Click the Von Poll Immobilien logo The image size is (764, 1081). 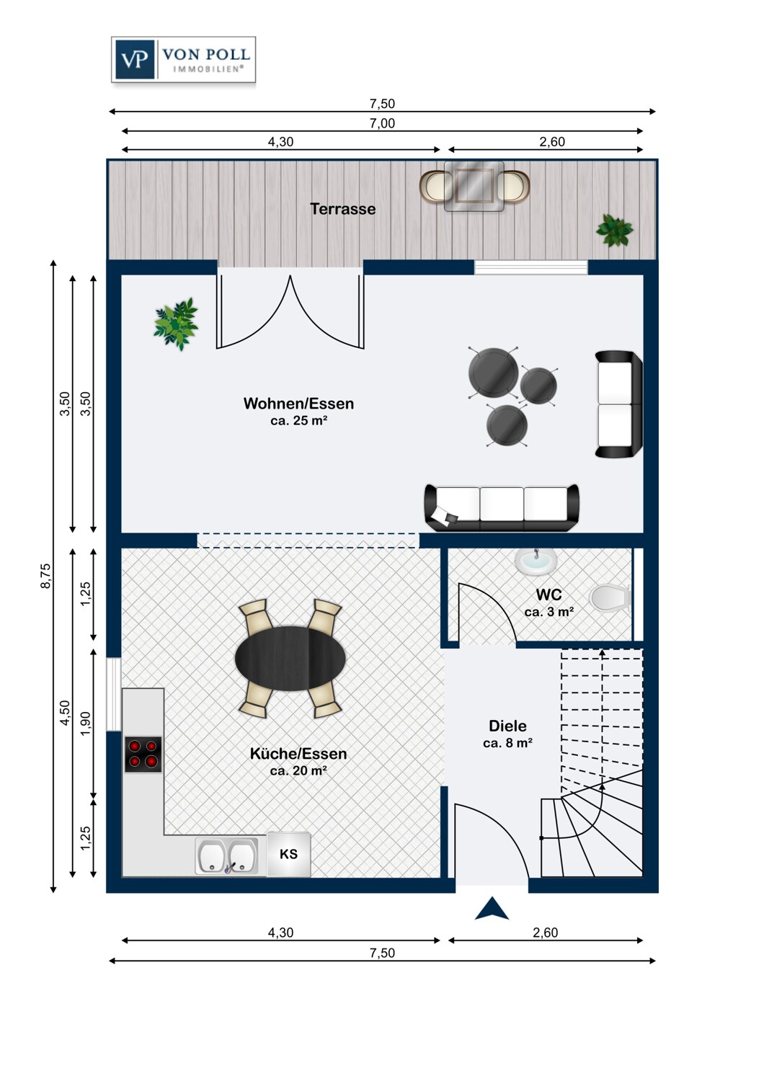tap(183, 60)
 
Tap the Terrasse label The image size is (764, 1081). tap(342, 209)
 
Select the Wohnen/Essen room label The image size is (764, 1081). tap(298, 404)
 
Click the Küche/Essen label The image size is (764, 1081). tap(298, 753)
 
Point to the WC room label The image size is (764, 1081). tap(548, 594)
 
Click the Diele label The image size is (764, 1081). tap(507, 725)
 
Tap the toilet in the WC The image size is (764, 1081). tap(610, 598)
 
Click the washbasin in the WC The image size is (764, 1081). tap(536, 561)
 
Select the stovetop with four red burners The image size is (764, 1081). tap(143, 755)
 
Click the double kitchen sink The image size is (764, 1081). tap(227, 855)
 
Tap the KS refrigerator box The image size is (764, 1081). tap(288, 854)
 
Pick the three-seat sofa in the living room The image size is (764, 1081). tap(502, 507)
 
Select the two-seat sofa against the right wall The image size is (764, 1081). tap(618, 404)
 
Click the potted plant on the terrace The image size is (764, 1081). tap(614, 231)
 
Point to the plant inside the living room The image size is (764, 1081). tap(176, 324)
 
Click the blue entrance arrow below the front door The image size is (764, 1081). tap(492, 908)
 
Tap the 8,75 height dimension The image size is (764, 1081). tap(45, 576)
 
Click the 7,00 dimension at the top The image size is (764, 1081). tap(382, 123)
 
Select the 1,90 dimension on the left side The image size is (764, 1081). tap(85, 724)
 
